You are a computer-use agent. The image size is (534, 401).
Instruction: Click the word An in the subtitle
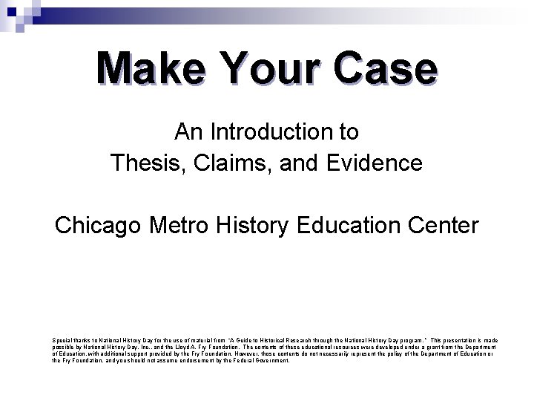[x=186, y=132]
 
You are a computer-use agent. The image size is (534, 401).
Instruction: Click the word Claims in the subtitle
[x=236, y=162]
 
